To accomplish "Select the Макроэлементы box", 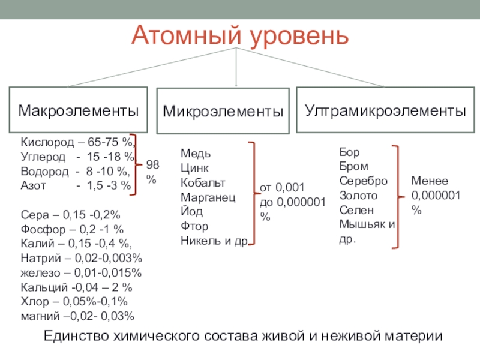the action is [78, 110].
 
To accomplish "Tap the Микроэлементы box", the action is [223, 112].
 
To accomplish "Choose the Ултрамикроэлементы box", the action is [385, 110].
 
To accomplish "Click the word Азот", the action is [32, 186].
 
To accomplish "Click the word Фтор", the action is [194, 226].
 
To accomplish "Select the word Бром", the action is [353, 166].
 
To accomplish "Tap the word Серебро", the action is [362, 181].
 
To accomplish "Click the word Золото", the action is [358, 196].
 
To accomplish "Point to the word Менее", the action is [429, 181].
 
